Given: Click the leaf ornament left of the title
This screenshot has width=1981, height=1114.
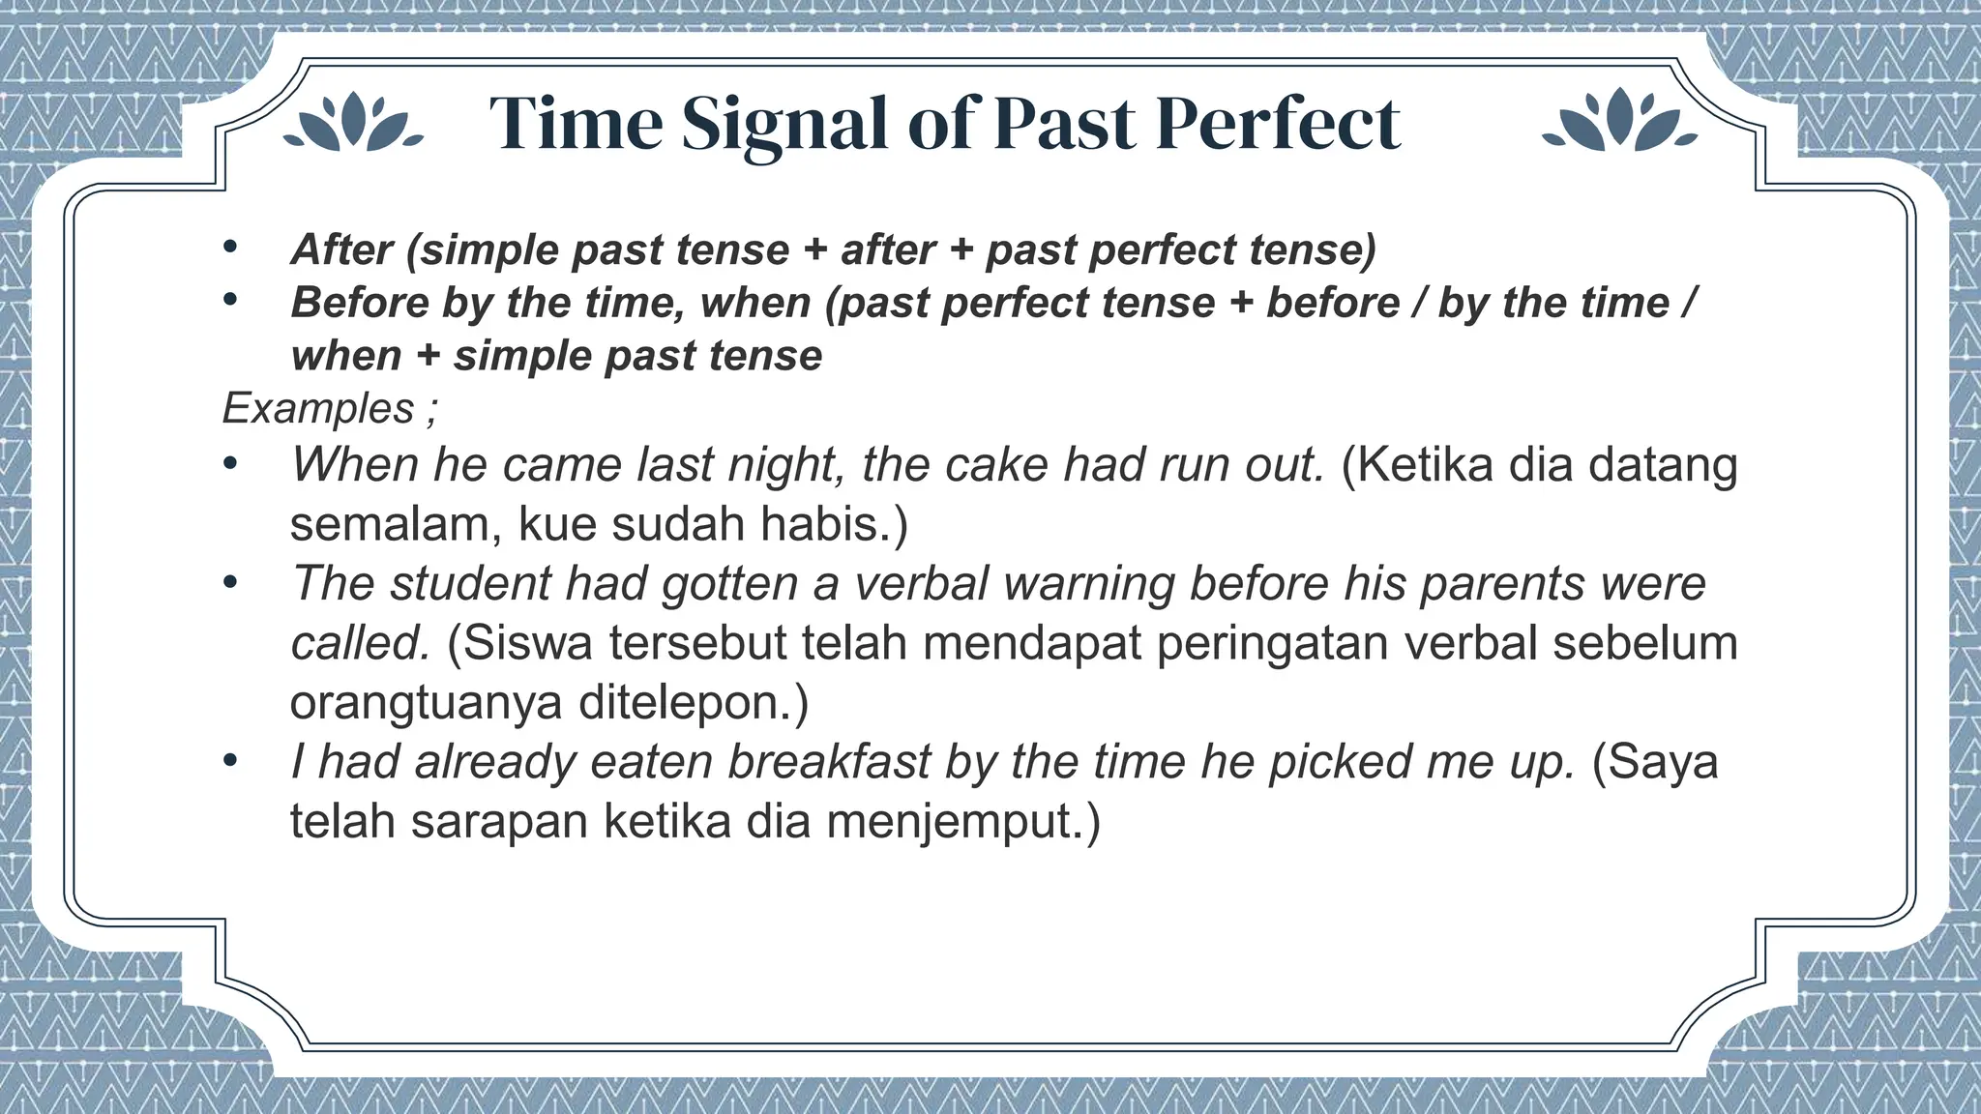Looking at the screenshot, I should point(353,124).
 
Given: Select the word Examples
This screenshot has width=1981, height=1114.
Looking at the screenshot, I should point(318,409).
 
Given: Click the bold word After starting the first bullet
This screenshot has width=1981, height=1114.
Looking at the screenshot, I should point(341,250).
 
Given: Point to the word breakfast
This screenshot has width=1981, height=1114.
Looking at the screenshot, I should point(829,762).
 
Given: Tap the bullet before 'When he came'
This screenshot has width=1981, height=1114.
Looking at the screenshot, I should point(229,465).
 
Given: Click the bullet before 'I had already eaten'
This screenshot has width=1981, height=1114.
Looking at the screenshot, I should point(229,762).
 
